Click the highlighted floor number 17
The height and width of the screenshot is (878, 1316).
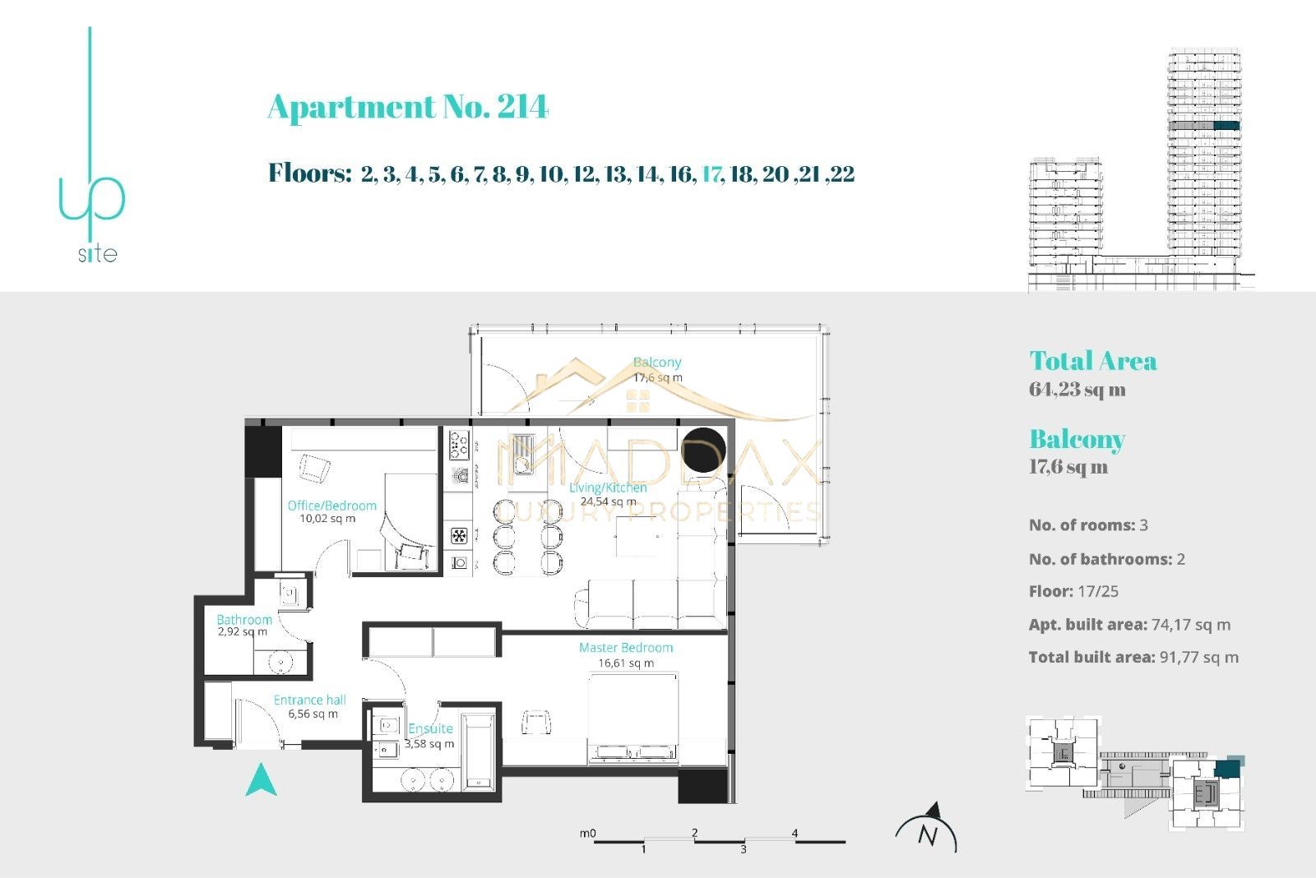(x=711, y=174)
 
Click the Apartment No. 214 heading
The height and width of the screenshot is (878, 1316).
(x=407, y=107)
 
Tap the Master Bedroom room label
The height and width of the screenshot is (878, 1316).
(x=625, y=648)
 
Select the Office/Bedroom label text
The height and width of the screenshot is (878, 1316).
(x=331, y=506)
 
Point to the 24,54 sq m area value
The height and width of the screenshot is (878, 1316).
(x=608, y=501)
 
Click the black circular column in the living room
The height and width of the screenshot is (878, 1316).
(x=705, y=451)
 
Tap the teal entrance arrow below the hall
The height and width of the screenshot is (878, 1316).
(x=261, y=780)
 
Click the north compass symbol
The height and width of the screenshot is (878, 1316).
(x=927, y=830)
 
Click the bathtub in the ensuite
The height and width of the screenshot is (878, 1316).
(x=477, y=751)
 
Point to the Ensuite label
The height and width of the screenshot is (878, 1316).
(x=430, y=728)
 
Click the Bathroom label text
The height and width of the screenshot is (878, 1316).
(x=243, y=619)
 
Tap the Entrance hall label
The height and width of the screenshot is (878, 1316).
(x=309, y=700)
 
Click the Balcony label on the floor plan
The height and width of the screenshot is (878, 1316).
(x=656, y=363)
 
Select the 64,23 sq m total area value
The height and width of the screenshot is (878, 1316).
(x=1077, y=390)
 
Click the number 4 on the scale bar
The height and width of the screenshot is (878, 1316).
(x=795, y=833)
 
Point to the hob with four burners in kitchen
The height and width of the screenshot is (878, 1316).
(x=458, y=445)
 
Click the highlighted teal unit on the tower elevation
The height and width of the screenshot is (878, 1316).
(x=1226, y=126)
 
